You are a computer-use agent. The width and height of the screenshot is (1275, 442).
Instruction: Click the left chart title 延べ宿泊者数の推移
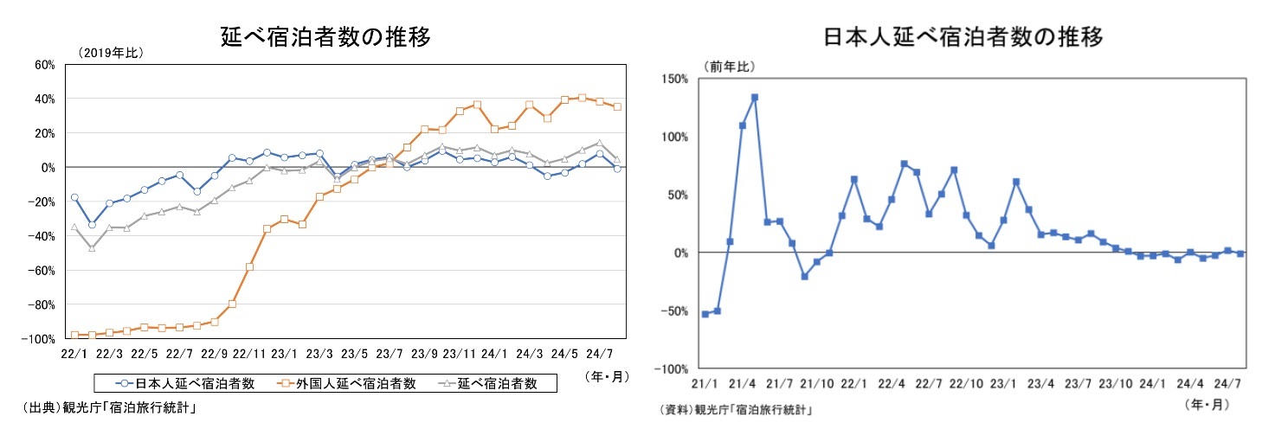325,37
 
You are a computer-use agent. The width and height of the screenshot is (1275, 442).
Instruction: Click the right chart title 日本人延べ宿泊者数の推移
963,38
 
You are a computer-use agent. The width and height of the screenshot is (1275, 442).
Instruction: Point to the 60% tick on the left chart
45,64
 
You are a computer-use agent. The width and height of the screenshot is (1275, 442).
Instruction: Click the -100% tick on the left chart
40,338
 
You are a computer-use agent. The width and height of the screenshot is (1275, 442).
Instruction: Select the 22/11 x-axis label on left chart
248,354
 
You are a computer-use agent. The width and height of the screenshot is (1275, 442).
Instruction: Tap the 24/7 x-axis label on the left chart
599,354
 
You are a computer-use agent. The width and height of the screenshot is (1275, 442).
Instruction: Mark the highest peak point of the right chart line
755,97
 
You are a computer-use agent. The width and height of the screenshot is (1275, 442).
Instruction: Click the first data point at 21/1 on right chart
705,313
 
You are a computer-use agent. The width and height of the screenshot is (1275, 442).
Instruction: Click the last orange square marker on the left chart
617,106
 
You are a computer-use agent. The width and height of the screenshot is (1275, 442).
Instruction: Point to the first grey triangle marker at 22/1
74,227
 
